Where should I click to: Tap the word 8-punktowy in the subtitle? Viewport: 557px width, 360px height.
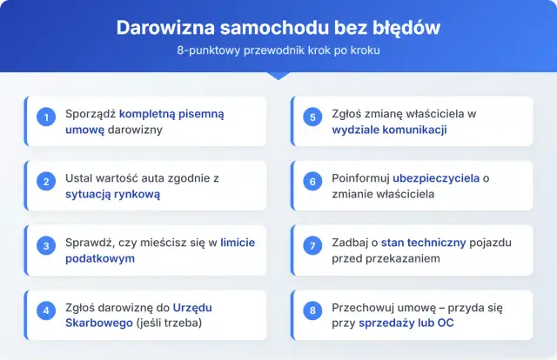click(206, 50)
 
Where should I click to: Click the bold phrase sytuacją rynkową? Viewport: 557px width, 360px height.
click(112, 195)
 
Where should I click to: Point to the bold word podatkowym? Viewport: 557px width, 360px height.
click(101, 259)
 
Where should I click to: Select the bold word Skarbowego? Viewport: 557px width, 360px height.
click(96, 323)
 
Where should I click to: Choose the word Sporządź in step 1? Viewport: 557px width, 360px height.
click(91, 114)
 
